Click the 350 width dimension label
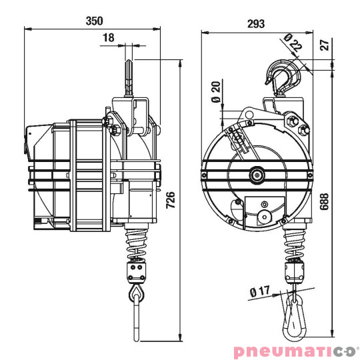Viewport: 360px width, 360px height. pos(94,21)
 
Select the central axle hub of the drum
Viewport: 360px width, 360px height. pos(255,175)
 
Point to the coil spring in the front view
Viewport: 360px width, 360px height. pos(293,243)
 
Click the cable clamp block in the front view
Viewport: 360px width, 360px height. pos(293,271)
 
